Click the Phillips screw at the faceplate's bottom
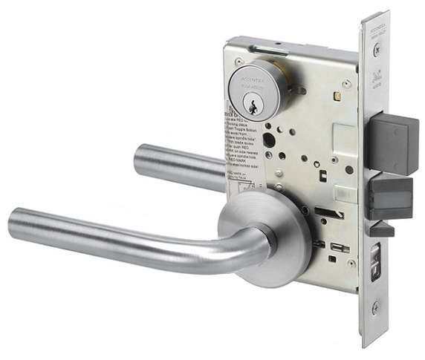[x=376, y=306]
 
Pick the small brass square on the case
[x=337, y=94]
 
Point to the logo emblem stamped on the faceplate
[x=376, y=74]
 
